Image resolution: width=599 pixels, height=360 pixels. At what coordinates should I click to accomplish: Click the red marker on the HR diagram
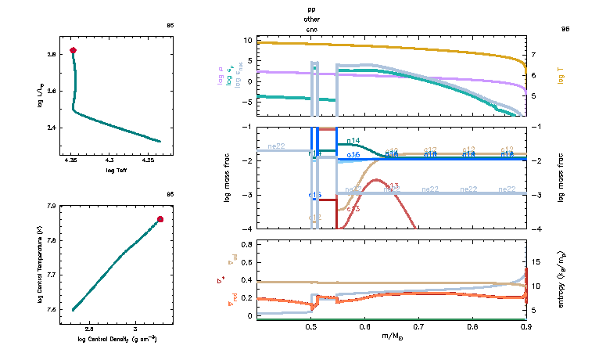pyautogui.click(x=74, y=50)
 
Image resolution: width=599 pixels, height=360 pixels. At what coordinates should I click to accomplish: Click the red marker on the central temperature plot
pyautogui.click(x=160, y=219)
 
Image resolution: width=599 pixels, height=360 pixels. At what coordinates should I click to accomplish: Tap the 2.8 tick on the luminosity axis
pyautogui.click(x=51, y=54)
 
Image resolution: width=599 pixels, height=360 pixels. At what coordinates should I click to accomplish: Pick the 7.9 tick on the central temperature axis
pyautogui.click(x=51, y=207)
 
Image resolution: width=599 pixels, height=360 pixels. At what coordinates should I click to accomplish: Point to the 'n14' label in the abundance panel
pyautogui.click(x=352, y=141)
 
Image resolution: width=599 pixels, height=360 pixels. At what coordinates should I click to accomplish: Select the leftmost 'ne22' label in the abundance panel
pyautogui.click(x=276, y=146)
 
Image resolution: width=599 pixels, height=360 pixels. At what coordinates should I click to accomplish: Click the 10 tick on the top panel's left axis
pyautogui.click(x=247, y=40)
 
